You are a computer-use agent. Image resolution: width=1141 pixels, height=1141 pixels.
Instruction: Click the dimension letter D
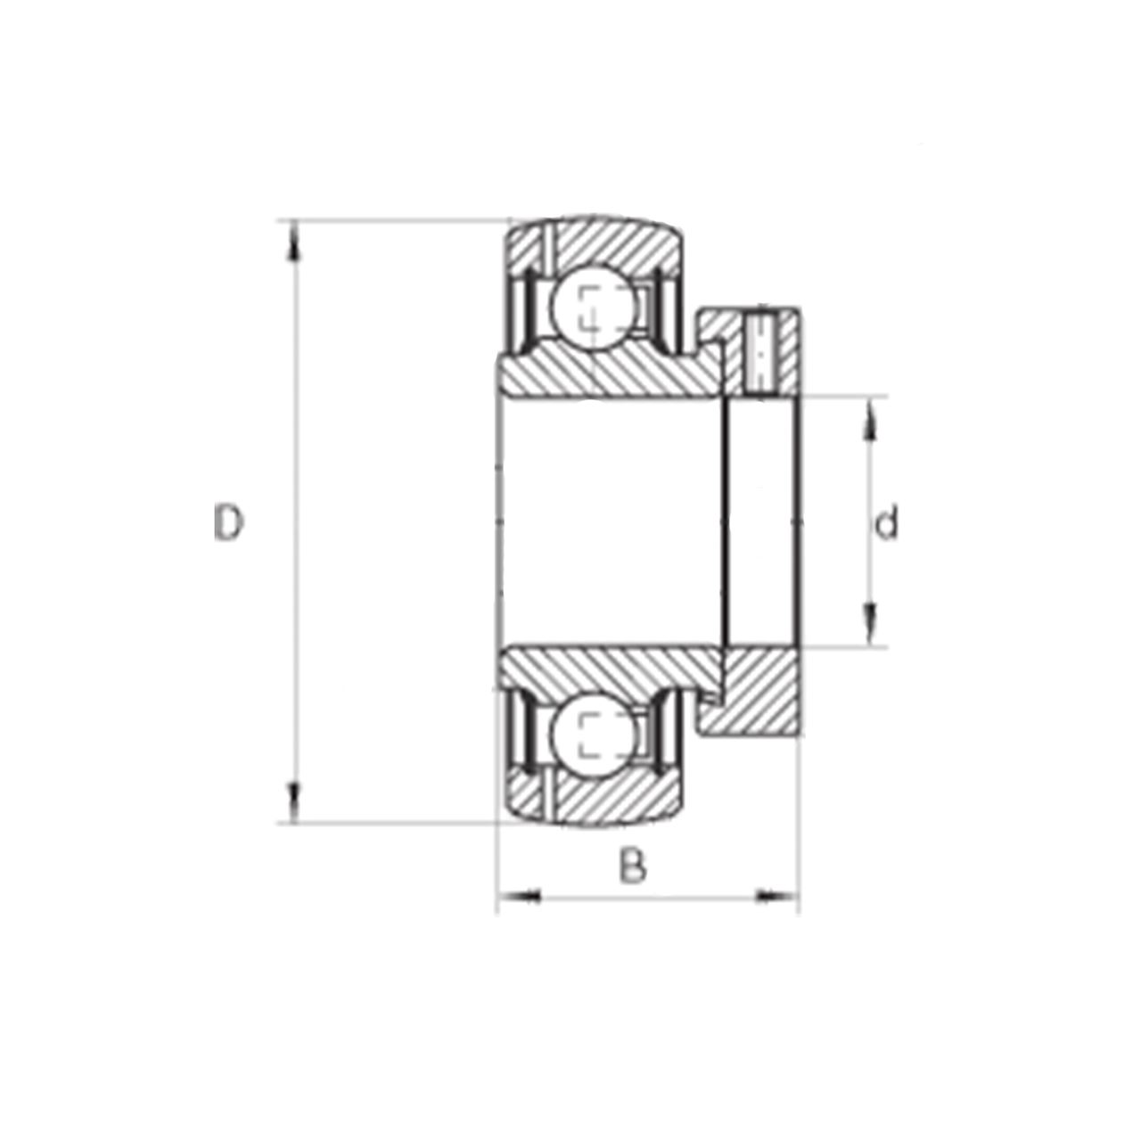point(228,523)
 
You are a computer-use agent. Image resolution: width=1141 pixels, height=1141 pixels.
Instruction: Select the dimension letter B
point(633,866)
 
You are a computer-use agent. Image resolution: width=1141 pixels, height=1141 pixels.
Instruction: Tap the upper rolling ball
point(595,307)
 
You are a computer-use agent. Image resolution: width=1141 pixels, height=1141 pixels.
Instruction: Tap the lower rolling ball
point(595,735)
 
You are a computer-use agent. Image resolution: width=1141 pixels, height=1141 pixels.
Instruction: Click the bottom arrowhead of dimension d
point(869,623)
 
